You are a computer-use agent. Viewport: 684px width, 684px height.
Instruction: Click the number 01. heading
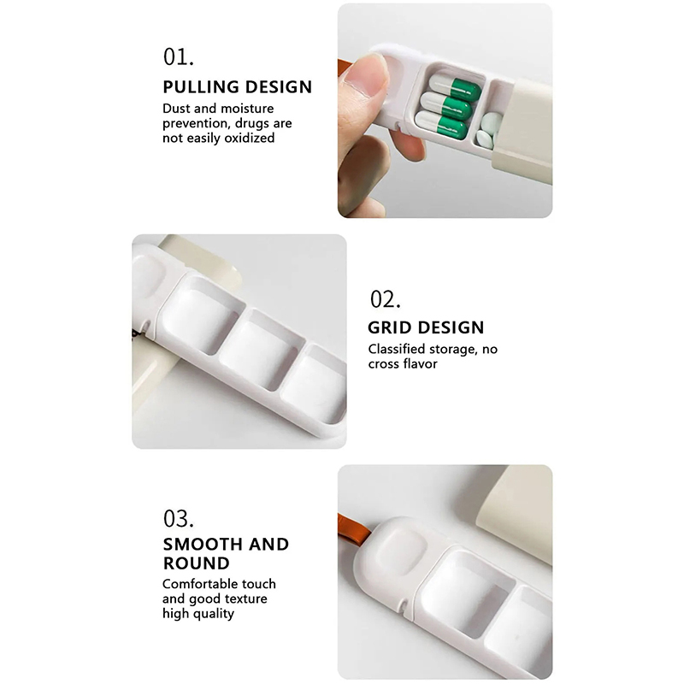(179, 57)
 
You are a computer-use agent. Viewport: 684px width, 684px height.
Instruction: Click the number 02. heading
(386, 300)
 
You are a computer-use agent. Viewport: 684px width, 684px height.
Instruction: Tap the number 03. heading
(179, 519)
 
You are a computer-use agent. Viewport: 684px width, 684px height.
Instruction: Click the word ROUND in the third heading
(197, 563)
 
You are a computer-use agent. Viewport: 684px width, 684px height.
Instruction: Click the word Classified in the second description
(397, 349)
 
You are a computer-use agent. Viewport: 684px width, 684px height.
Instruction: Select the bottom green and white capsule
(440, 124)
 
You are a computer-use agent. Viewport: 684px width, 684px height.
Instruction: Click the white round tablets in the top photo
(487, 130)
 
